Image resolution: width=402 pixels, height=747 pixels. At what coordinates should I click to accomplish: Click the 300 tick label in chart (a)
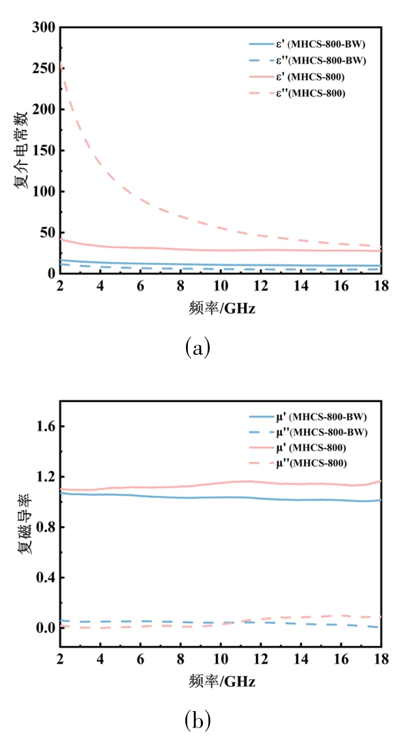tap(42, 28)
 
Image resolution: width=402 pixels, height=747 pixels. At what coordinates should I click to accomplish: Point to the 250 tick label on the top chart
tap(42, 69)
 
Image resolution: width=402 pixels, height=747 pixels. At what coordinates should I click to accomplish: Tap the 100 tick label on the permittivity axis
tap(42, 191)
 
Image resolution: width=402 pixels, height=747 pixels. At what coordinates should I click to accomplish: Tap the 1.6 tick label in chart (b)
tap(44, 427)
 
